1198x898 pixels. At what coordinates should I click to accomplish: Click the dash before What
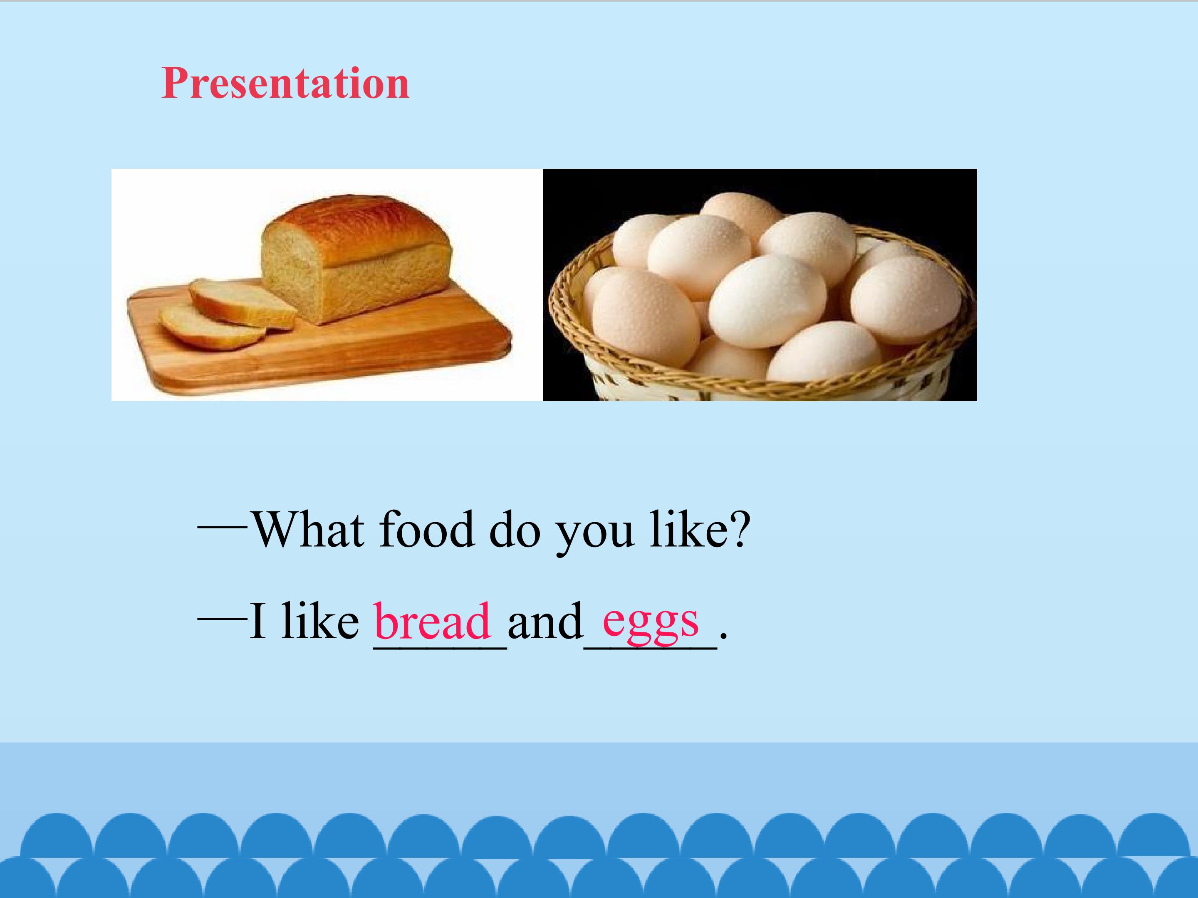pos(223,525)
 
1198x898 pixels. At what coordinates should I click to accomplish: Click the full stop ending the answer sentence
pos(723,638)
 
